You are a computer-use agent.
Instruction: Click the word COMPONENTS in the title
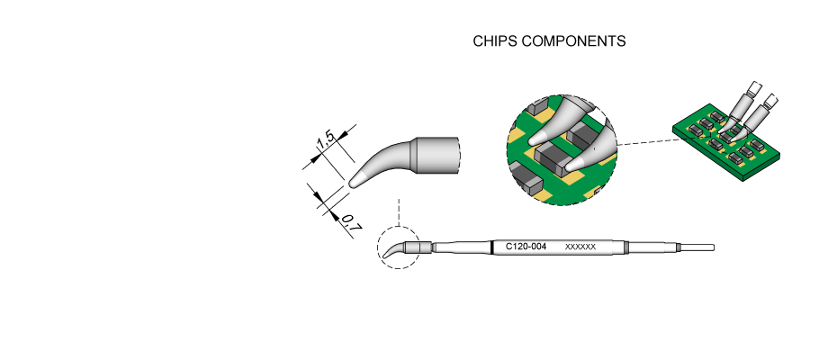tap(573, 41)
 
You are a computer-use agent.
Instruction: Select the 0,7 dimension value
tap(351, 222)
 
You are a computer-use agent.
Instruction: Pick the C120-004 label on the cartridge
tap(526, 247)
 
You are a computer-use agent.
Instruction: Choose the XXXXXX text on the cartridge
tap(580, 247)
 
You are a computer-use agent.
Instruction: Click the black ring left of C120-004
tap(491, 247)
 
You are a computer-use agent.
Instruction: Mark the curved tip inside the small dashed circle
tap(393, 251)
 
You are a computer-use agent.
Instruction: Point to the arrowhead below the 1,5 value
tap(319, 158)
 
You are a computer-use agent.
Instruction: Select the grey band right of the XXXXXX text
tap(625, 247)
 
